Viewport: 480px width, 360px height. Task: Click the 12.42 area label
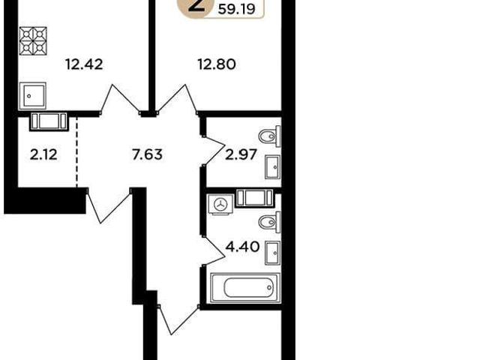coord(84,64)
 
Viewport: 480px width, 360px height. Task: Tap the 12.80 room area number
coord(217,64)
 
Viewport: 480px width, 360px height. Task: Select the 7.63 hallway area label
coord(147,154)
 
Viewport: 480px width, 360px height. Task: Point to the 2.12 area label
coord(43,154)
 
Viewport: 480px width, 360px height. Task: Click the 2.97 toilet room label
coord(241,154)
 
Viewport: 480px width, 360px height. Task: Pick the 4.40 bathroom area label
coord(242,247)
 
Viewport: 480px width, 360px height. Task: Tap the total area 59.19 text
coord(237,9)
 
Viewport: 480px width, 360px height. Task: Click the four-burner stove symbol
coord(33,41)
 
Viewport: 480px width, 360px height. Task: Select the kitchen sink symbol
coord(32,96)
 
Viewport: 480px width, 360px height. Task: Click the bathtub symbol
coord(245,287)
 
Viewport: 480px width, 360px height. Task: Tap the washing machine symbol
coord(220,205)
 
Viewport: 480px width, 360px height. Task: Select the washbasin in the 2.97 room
coord(273,167)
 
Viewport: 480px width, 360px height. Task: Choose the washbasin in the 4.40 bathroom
coord(273,253)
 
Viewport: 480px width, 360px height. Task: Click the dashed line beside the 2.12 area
coord(76,152)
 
